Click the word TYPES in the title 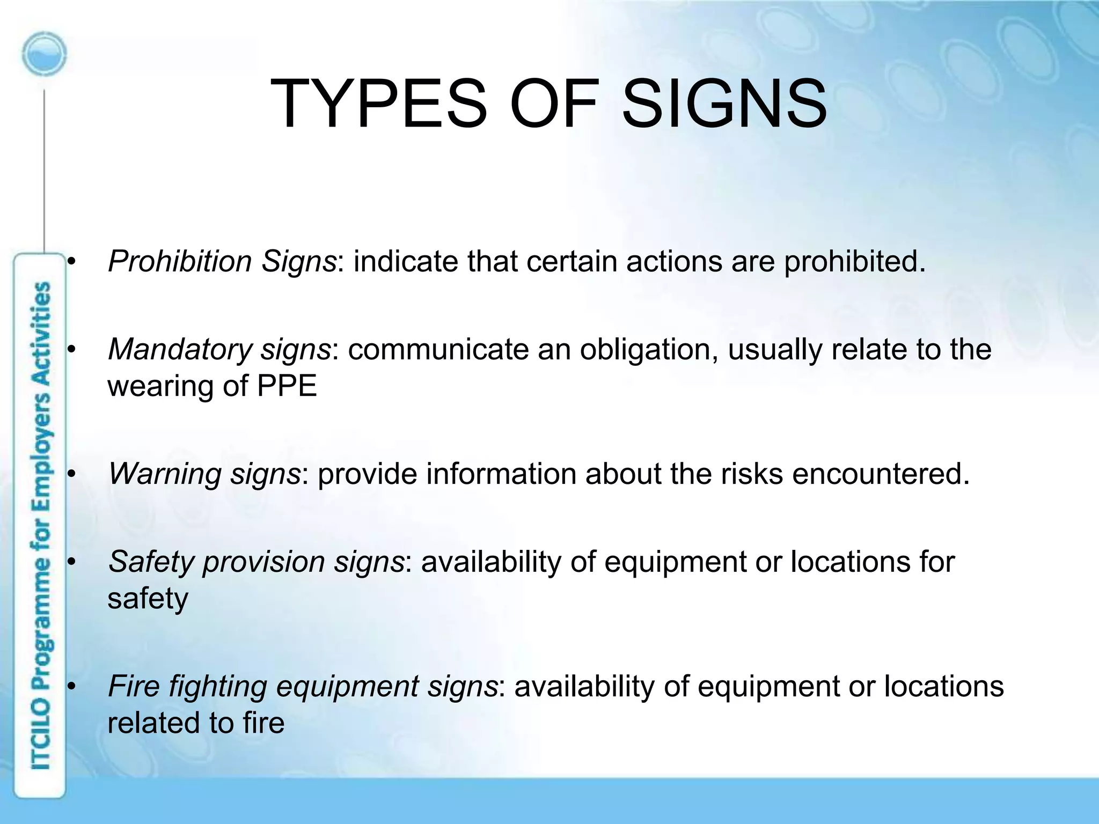point(378,104)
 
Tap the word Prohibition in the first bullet point(180,262)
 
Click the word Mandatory point(180,349)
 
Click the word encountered point(881,474)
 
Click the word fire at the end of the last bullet point(263,722)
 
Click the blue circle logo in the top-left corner point(45,54)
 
